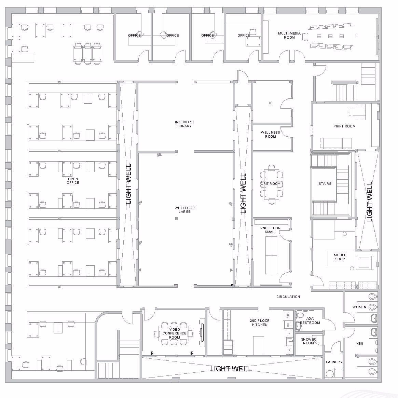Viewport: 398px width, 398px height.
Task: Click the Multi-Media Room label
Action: tap(289, 35)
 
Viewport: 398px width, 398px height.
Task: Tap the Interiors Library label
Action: tap(184, 124)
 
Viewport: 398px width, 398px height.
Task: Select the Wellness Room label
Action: tap(270, 134)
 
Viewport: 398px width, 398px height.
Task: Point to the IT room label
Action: tap(270, 103)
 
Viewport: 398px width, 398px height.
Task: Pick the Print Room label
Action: tap(344, 126)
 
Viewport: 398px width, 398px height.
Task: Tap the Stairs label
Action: tap(325, 183)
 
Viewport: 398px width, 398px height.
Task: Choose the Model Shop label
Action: tap(340, 257)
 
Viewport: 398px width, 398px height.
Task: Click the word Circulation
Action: tap(288, 297)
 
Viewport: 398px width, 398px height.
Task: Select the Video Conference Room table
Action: tap(174, 333)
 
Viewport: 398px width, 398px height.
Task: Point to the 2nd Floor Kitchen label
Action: tap(260, 322)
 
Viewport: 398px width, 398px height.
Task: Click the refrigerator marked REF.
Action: tap(288, 316)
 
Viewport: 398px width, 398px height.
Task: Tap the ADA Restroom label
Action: tap(310, 320)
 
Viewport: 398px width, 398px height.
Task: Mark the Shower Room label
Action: tap(308, 341)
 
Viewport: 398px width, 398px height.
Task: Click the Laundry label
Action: tap(334, 362)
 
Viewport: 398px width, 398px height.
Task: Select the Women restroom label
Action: tap(359, 307)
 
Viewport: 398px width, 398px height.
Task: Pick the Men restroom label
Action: tap(359, 343)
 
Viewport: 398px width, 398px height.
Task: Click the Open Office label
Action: tap(73, 181)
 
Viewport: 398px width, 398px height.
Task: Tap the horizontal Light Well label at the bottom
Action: tap(231, 369)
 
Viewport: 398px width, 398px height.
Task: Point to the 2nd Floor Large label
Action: tap(184, 210)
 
